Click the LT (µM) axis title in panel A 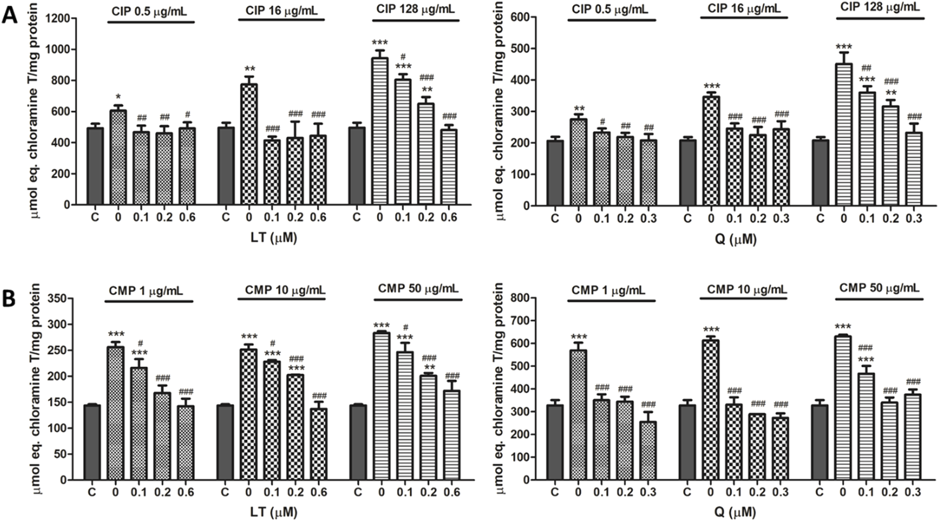(x=273, y=238)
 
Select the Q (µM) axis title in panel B (x=737, y=512)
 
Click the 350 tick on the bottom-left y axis (x=58, y=298)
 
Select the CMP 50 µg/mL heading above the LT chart (x=418, y=288)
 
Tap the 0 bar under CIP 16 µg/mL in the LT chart (x=249, y=144)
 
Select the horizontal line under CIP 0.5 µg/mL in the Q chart (x=611, y=21)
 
